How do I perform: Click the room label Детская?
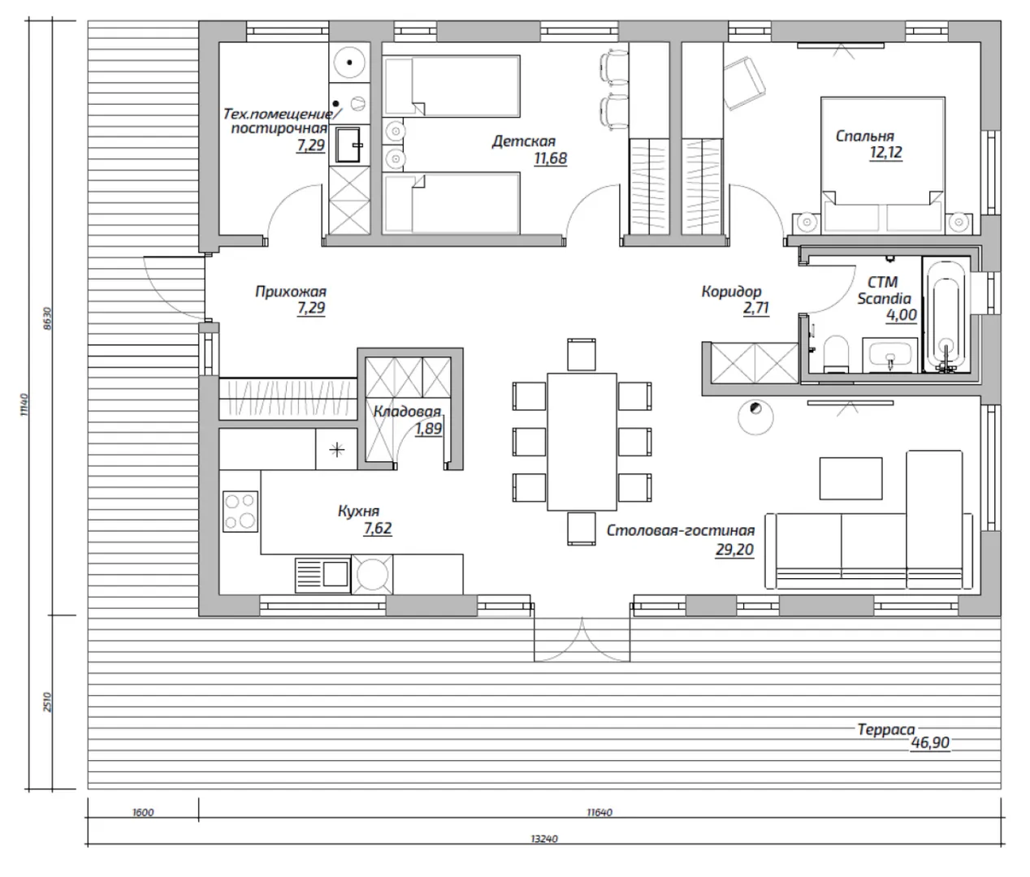(x=523, y=141)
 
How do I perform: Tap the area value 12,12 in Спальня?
(x=885, y=152)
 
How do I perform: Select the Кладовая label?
(x=406, y=412)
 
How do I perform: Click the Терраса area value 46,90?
(x=930, y=742)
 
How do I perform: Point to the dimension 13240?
(x=543, y=839)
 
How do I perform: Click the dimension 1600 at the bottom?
(x=142, y=812)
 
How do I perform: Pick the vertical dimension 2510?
(x=46, y=702)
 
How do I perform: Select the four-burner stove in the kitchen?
(x=240, y=512)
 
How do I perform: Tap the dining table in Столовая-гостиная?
(x=582, y=441)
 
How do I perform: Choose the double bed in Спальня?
(x=883, y=162)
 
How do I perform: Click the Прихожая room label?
(x=290, y=292)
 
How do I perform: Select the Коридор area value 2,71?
(x=755, y=309)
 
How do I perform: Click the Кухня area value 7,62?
(x=378, y=529)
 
